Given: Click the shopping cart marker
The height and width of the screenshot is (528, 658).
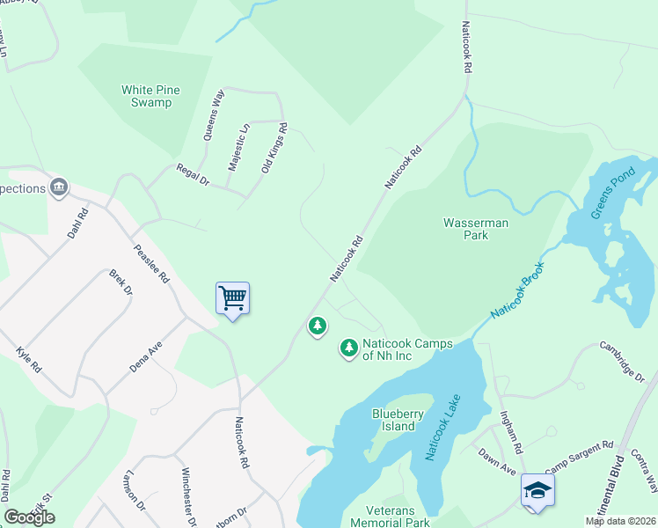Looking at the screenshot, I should pos(233,298).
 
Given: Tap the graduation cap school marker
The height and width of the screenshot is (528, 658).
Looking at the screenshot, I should pos(537,491).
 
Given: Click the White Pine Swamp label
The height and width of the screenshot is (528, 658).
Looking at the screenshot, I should pos(146,96).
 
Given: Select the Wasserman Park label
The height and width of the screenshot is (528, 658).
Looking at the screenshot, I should pos(476,230).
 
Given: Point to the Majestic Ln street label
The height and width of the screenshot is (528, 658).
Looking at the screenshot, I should pos(239,147).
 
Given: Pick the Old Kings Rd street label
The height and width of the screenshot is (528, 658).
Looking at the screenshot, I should pos(274,147).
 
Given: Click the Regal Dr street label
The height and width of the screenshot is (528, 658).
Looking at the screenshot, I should pos(193,174).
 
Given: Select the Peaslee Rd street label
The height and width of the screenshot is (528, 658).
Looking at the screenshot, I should pos(151,263).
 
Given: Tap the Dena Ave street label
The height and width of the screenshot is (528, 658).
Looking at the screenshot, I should pos(147,356).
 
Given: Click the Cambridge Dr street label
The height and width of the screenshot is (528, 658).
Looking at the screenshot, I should pos(622,362).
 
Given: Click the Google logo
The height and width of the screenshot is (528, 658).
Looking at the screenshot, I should pos(29,517).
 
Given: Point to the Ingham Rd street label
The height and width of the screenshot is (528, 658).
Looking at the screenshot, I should pos(511,430).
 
